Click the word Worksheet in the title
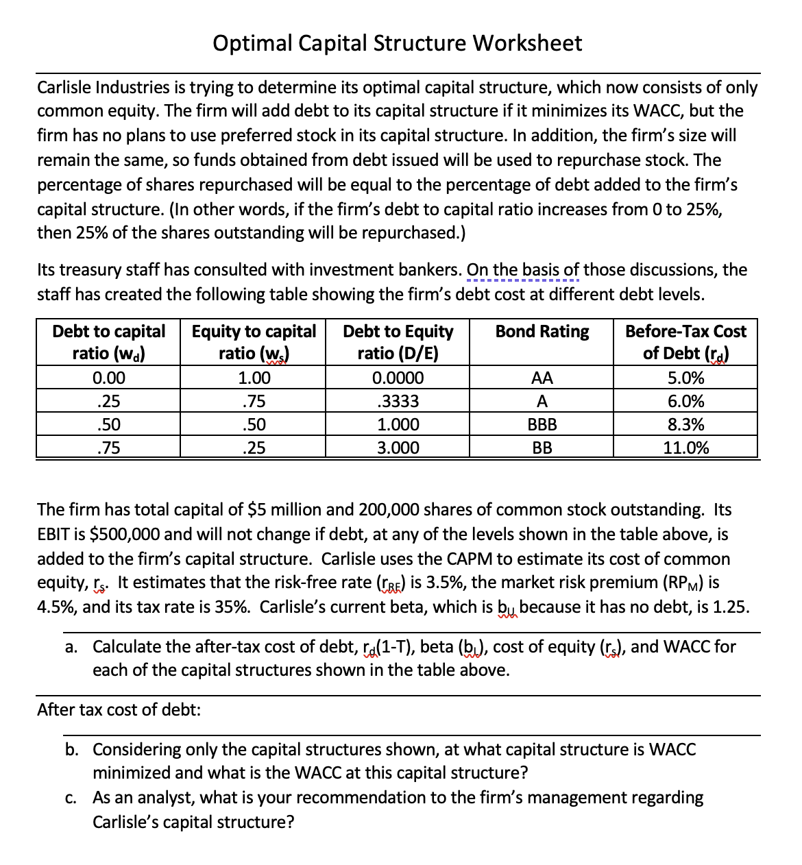coord(527,43)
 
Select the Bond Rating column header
coord(542,332)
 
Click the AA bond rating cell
coord(542,378)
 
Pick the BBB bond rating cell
coord(542,425)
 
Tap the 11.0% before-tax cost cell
coord(685,448)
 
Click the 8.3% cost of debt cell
coord(685,425)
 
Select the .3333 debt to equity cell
coord(398,402)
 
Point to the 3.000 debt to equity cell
coord(398,448)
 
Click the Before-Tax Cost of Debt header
coord(685,342)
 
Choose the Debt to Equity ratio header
coord(398,342)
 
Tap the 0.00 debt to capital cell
coord(109,378)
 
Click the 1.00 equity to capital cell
coord(254,378)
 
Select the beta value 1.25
coord(731,607)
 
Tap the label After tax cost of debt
coord(119,709)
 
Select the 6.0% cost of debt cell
coord(685,402)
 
